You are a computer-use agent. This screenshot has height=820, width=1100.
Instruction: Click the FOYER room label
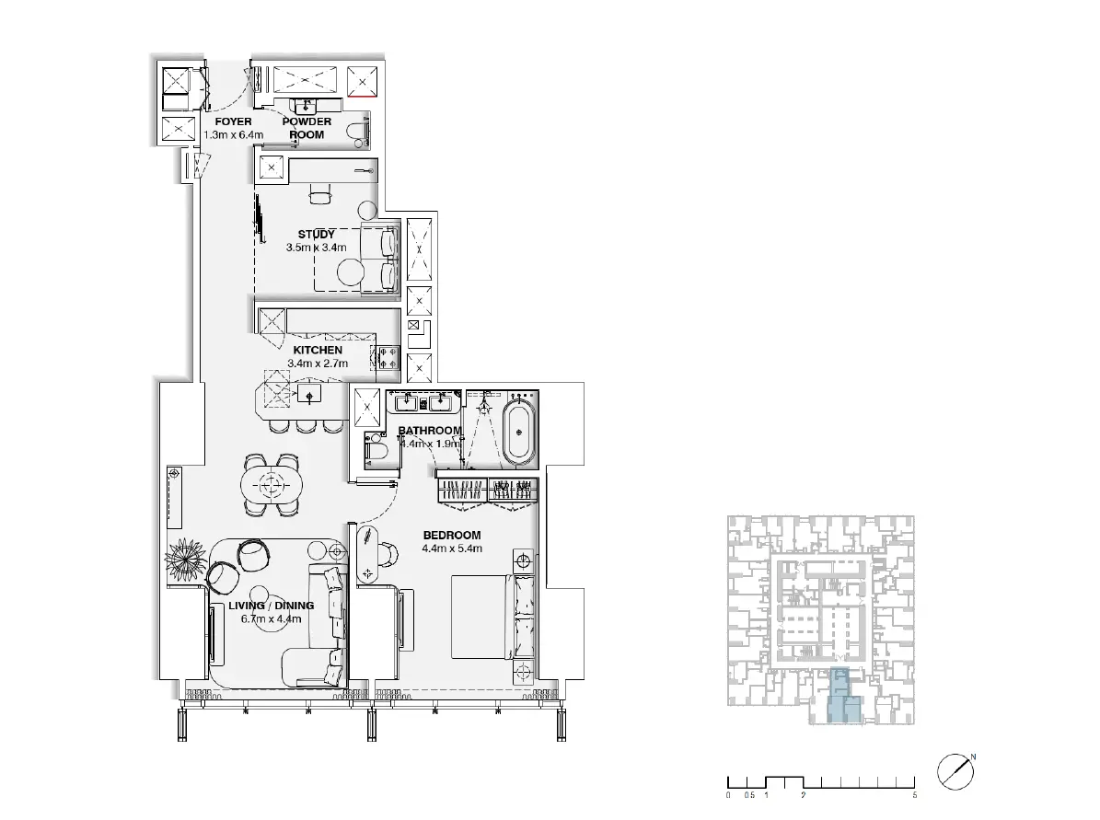click(x=233, y=122)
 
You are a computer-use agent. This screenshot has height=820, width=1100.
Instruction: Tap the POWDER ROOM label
click(x=307, y=128)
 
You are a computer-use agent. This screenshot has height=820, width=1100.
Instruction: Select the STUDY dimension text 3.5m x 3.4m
click(x=317, y=248)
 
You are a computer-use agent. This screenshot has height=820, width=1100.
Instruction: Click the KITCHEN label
click(x=318, y=350)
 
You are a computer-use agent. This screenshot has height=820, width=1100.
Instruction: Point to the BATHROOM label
click(x=430, y=431)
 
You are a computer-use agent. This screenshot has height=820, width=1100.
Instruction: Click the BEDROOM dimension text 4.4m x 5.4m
click(x=452, y=549)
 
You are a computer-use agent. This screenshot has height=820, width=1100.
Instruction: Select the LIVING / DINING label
click(x=272, y=606)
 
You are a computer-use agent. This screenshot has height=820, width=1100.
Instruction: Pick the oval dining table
click(x=272, y=484)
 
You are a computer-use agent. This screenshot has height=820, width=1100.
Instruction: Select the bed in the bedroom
click(x=492, y=618)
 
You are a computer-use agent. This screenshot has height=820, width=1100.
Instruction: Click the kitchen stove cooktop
click(x=388, y=358)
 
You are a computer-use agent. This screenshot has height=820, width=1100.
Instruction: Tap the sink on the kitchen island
click(x=309, y=395)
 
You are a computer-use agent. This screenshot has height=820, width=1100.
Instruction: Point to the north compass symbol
click(x=955, y=771)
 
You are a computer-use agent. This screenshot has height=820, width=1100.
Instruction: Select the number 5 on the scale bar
click(x=915, y=795)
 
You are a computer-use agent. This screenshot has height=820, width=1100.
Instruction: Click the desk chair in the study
click(x=319, y=196)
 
